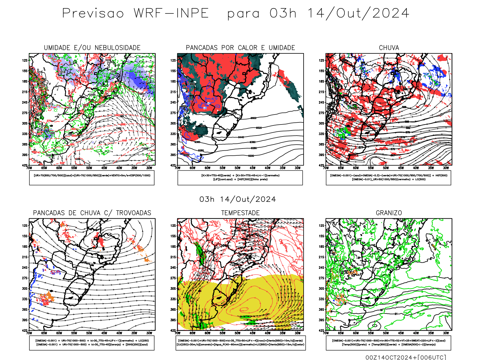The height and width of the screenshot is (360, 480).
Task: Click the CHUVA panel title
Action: tap(389, 48)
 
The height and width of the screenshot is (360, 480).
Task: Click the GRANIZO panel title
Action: tap(389, 213)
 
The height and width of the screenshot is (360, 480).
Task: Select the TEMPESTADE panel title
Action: tap(240, 213)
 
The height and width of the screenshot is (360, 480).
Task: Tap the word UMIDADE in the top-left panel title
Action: tap(57, 48)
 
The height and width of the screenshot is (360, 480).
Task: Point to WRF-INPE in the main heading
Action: tap(171, 13)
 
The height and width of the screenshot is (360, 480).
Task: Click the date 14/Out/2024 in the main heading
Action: tap(358, 13)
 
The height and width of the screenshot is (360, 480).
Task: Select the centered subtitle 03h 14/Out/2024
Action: tap(238, 199)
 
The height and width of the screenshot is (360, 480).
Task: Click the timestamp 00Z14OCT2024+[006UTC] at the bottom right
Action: tap(406, 357)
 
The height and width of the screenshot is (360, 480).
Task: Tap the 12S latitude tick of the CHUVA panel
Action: tap(322, 61)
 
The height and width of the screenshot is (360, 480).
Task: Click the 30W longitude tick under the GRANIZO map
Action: tap(446, 333)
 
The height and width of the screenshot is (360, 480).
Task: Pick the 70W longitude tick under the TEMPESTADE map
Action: tap(178, 333)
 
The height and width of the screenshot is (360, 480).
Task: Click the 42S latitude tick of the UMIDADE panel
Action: tap(25, 165)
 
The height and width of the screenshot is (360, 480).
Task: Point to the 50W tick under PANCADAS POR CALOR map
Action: tap(238, 168)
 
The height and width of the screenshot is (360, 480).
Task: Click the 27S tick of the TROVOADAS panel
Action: tap(25, 278)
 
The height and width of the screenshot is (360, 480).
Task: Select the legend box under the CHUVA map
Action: tap(388, 178)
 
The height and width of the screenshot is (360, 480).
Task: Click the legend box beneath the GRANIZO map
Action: tap(388, 343)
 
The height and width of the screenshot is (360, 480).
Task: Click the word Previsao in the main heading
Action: tap(93, 13)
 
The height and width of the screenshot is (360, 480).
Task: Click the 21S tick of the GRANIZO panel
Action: tap(322, 257)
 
